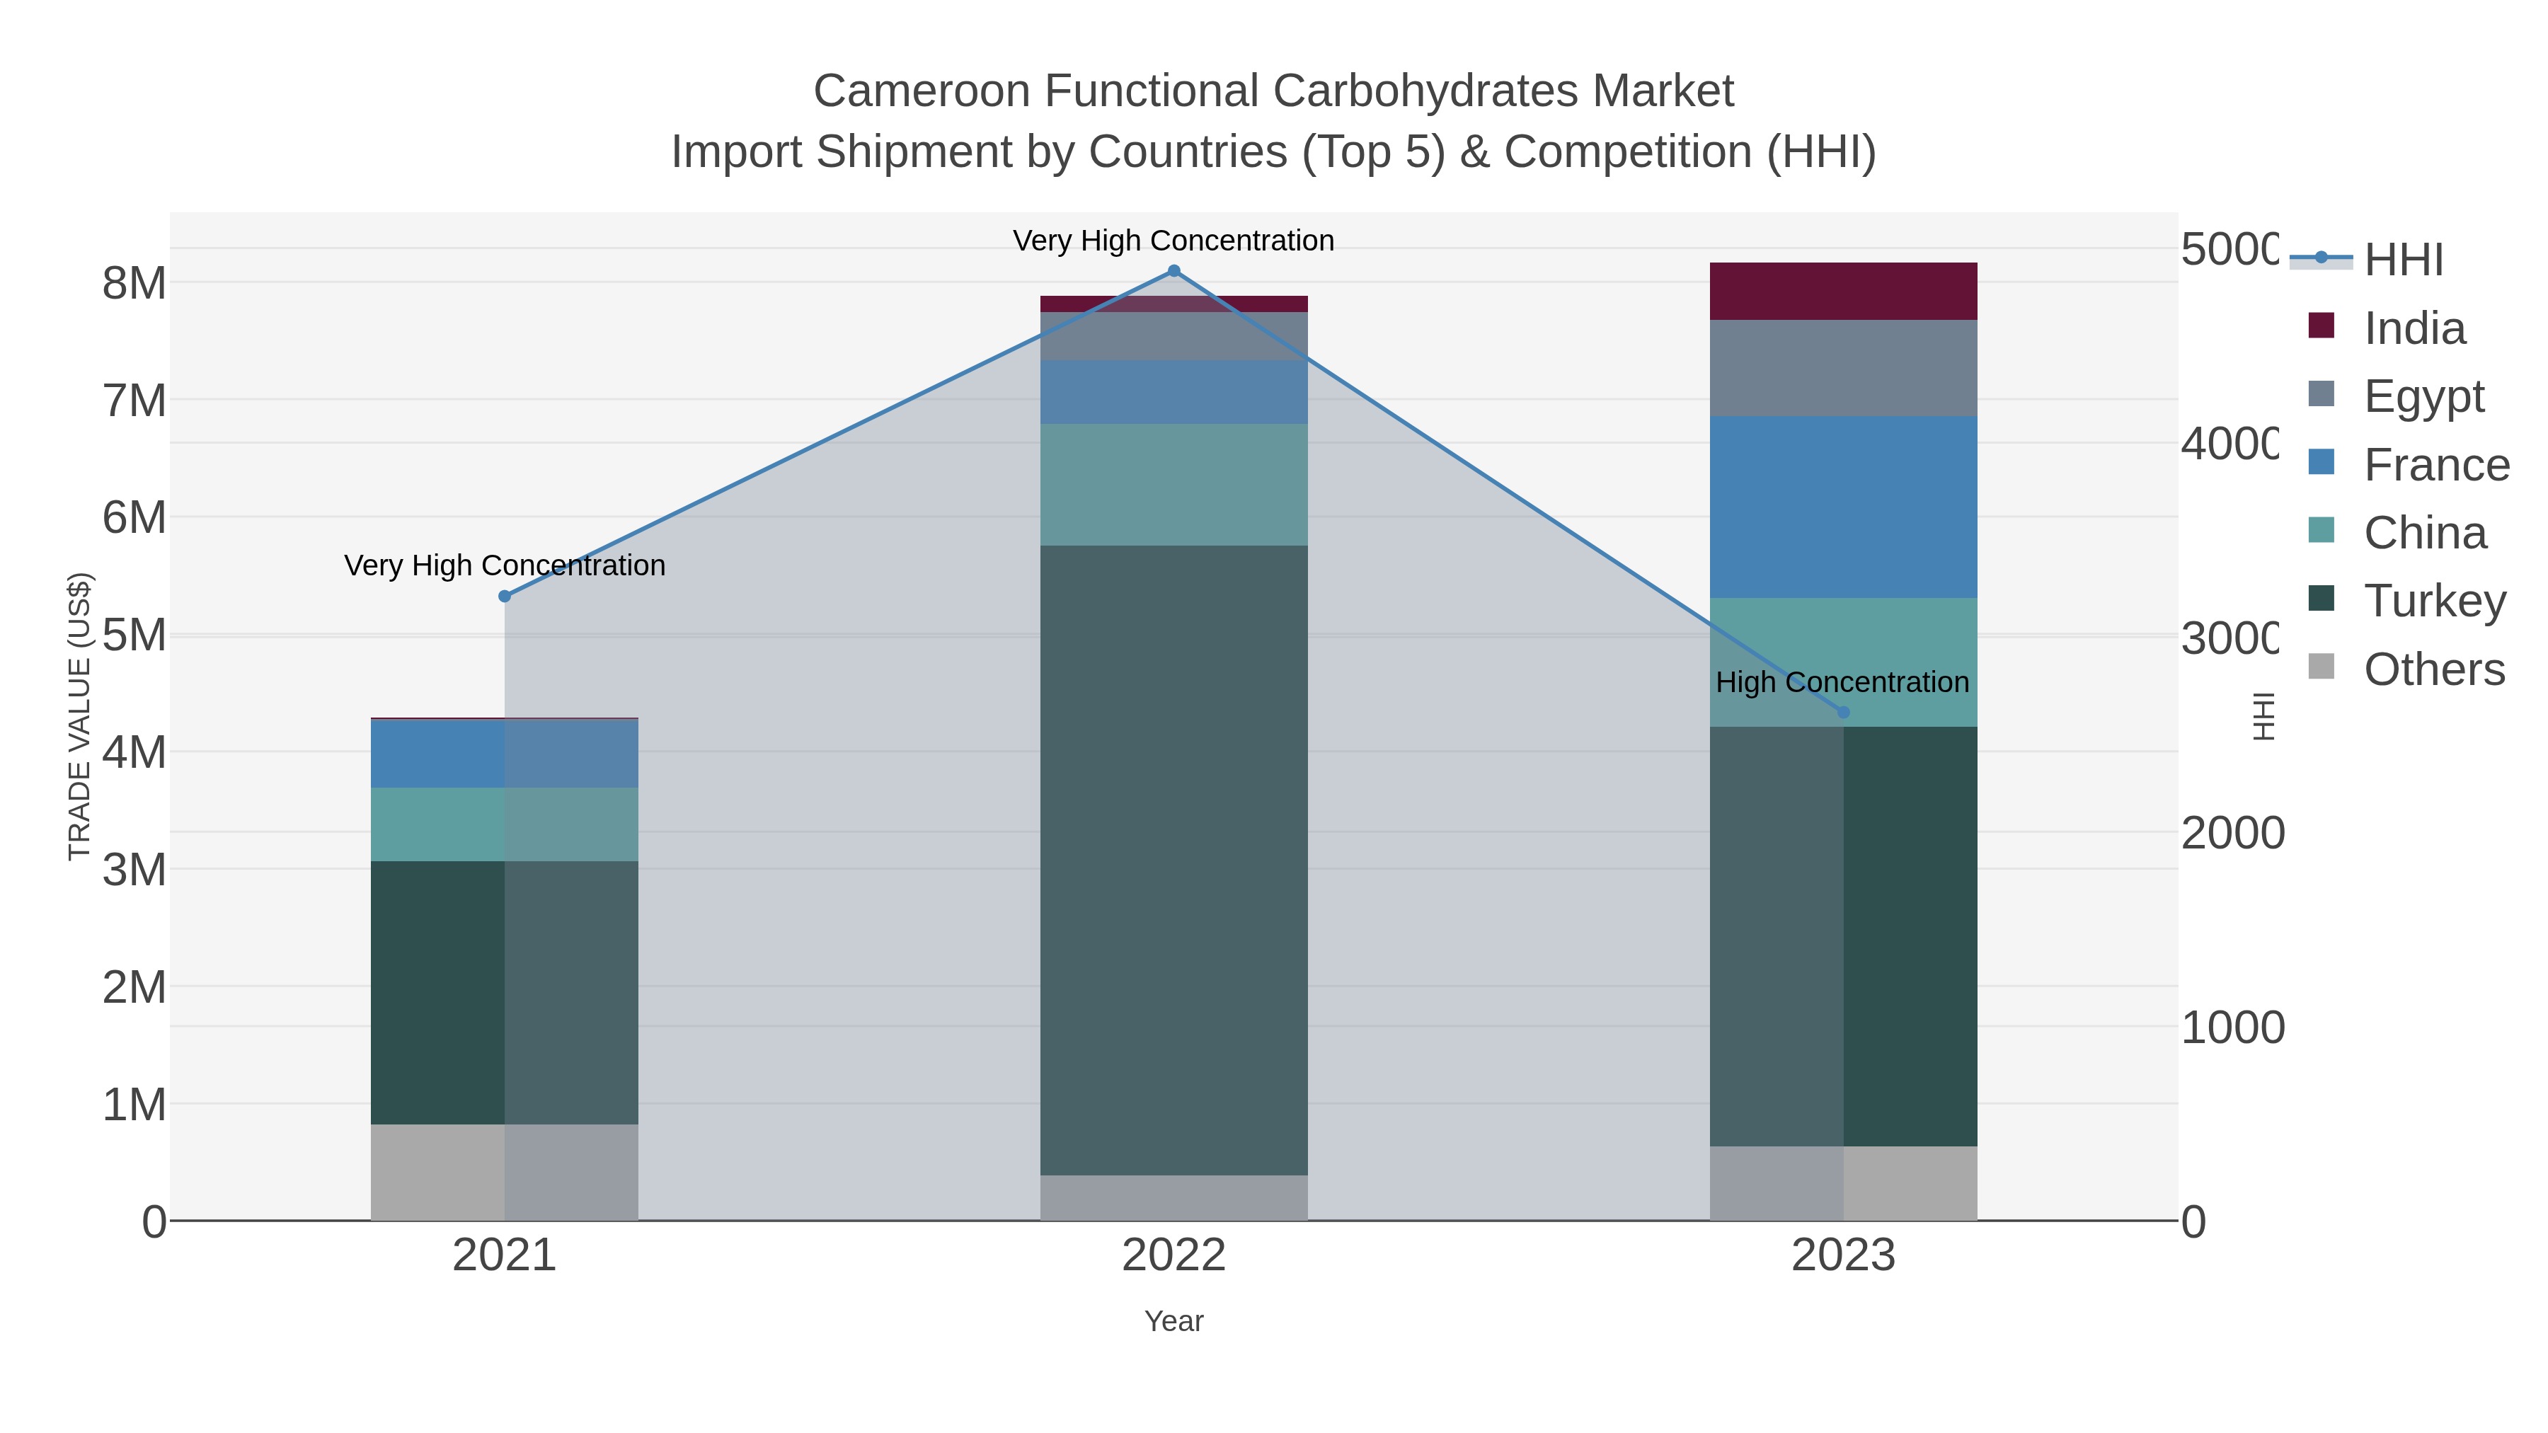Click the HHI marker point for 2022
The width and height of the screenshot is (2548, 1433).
pyautogui.click(x=1174, y=271)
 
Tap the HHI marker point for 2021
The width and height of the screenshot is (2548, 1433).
pyautogui.click(x=505, y=597)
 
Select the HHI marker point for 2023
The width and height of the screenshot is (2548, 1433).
pyautogui.click(x=1843, y=712)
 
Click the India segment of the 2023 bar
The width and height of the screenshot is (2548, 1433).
pyautogui.click(x=1843, y=291)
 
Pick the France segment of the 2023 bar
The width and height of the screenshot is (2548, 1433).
pyautogui.click(x=1843, y=507)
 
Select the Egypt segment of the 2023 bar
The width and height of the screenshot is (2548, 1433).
pyautogui.click(x=1843, y=368)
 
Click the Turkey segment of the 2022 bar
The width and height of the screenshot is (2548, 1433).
pyautogui.click(x=1174, y=861)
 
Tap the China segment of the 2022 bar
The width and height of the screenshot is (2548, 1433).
pyautogui.click(x=1174, y=485)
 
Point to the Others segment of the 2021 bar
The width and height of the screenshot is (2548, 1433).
pyautogui.click(x=505, y=1172)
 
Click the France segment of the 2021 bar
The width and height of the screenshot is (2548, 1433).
pyautogui.click(x=505, y=754)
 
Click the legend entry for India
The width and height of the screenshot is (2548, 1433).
pyautogui.click(x=2414, y=328)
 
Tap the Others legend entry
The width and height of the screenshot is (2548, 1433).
pyautogui.click(x=2433, y=669)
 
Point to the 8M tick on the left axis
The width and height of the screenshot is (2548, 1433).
pyautogui.click(x=134, y=284)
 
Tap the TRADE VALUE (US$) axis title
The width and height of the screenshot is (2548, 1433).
pyautogui.click(x=79, y=716)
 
